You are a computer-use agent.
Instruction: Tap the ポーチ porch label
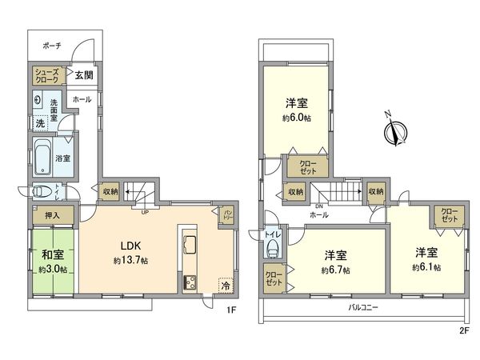click(x=54, y=46)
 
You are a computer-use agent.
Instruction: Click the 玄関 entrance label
click(x=83, y=76)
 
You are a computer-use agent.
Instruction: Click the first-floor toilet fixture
click(x=42, y=191)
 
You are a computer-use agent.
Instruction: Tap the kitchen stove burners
click(x=190, y=282)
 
